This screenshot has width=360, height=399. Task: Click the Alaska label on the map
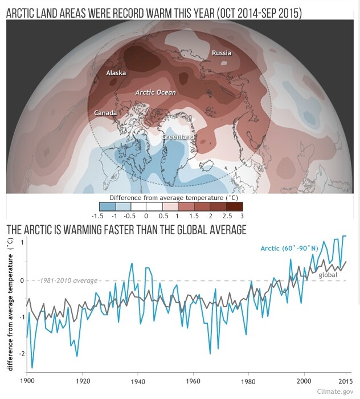116,73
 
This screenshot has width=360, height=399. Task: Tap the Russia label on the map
222,53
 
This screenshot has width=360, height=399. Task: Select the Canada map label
105,113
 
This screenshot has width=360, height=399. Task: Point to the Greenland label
178,137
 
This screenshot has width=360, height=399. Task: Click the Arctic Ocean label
156,92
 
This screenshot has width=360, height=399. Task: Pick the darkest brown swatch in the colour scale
235,206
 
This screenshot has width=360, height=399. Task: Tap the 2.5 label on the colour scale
227,217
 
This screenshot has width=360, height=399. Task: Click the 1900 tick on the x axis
27,380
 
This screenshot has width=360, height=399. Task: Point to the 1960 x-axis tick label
193,380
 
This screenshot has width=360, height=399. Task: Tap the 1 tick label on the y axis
21,243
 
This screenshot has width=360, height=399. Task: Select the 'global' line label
328,275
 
